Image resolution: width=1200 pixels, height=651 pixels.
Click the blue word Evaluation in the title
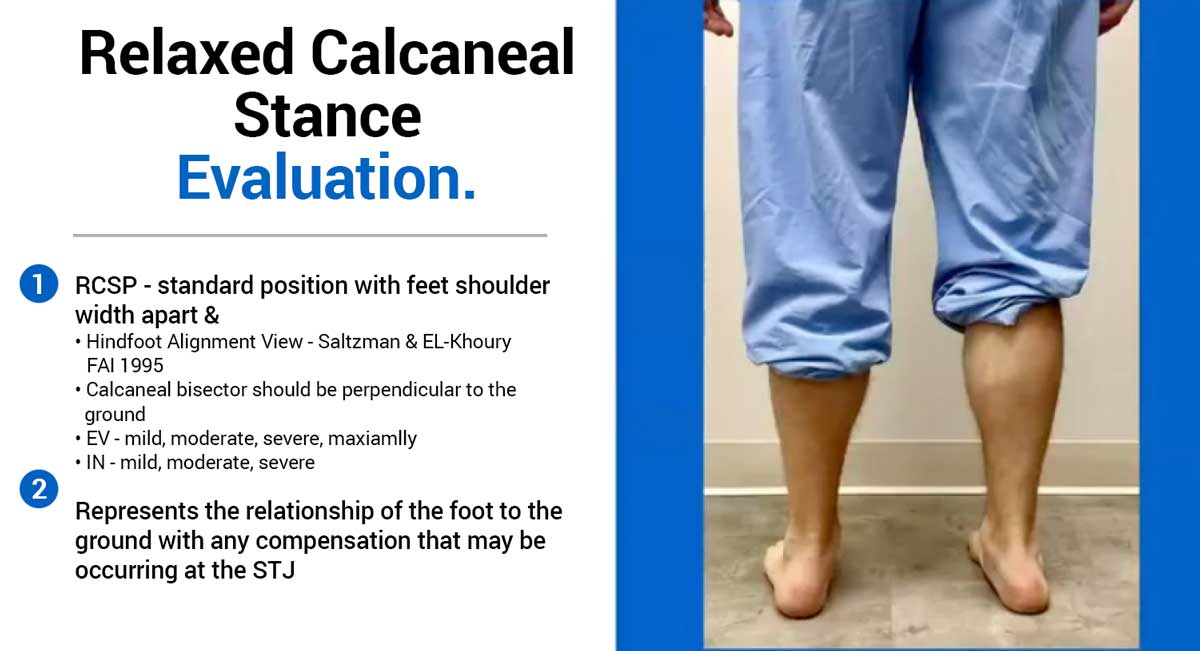[326, 177]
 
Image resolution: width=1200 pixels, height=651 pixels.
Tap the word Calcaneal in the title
[442, 53]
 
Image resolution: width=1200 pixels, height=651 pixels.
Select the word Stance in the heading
[328, 116]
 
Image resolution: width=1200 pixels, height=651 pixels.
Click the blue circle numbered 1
[39, 283]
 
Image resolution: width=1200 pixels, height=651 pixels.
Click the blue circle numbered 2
[39, 489]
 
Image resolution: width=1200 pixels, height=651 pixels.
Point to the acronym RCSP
[106, 286]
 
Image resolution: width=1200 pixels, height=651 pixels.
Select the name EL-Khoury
[467, 341]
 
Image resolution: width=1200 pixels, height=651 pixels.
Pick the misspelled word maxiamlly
[372, 439]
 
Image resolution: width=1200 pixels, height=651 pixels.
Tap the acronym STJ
[274, 570]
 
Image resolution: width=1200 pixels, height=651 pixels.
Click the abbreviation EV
[98, 439]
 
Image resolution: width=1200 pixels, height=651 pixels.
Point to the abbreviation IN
[95, 463]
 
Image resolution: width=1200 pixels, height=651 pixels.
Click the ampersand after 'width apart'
[212, 315]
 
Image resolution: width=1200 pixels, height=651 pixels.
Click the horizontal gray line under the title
[310, 235]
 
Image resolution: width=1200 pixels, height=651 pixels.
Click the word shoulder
[502, 286]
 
